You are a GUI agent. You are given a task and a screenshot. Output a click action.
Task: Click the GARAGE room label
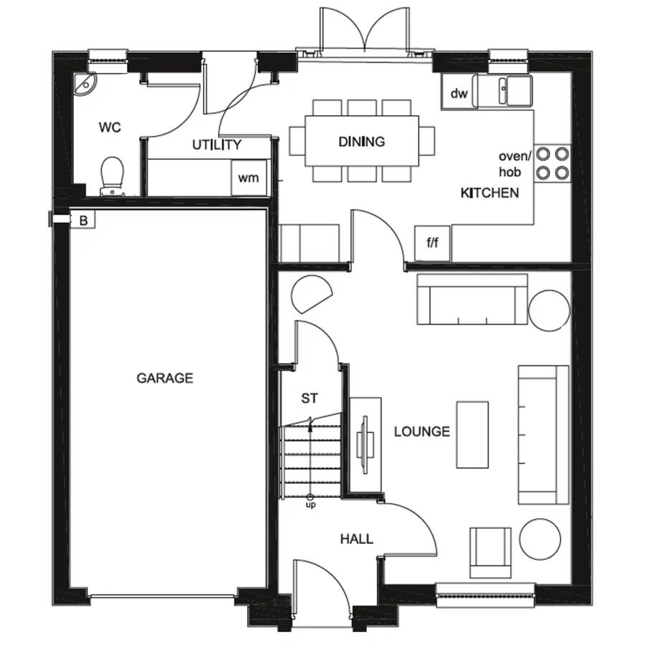click(165, 378)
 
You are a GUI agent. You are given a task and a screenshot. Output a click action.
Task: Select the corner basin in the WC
click(86, 85)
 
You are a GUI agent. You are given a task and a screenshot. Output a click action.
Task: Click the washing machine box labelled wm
click(248, 177)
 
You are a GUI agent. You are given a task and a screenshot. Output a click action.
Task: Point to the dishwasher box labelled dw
click(459, 93)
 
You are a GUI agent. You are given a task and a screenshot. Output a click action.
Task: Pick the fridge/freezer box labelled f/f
click(433, 244)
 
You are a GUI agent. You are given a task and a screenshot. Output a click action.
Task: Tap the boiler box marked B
click(83, 221)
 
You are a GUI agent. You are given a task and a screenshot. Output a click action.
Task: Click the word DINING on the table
click(361, 142)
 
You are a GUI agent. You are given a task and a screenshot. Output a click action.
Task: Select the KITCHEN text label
click(489, 193)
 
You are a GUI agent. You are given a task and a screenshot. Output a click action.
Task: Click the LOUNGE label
click(422, 431)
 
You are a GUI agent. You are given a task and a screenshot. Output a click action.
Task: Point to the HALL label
click(357, 539)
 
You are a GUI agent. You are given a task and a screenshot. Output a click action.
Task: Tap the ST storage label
click(310, 398)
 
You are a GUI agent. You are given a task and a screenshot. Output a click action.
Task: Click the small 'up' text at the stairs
click(310, 505)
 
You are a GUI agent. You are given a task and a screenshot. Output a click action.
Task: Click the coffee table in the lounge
click(472, 434)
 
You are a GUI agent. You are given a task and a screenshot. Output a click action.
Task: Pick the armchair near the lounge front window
click(490, 551)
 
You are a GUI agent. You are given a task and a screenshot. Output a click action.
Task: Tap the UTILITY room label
click(216, 145)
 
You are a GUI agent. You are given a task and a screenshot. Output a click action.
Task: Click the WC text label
click(110, 128)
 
